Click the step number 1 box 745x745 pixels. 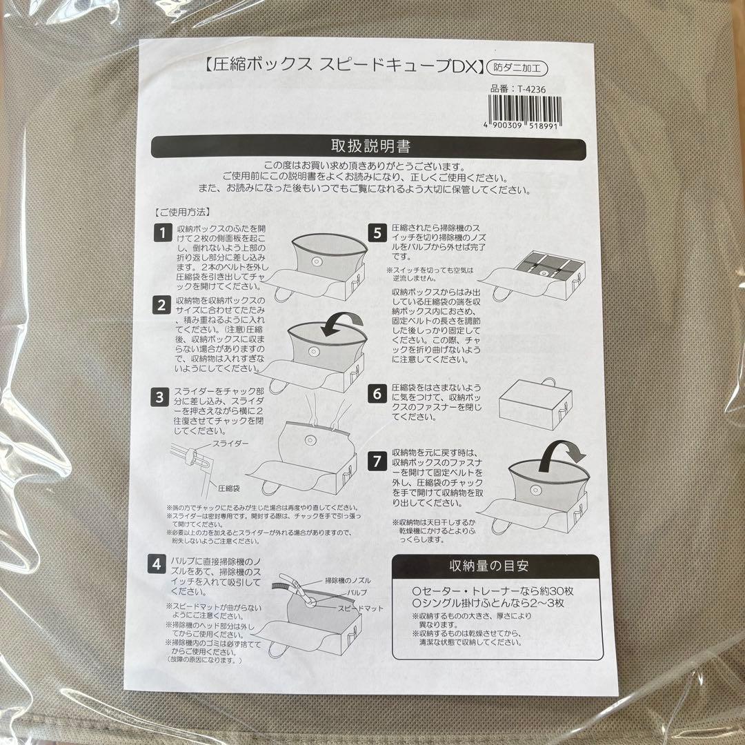(161, 232)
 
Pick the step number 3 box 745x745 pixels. (160, 397)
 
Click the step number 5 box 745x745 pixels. (377, 232)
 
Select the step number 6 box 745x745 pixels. (377, 393)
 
